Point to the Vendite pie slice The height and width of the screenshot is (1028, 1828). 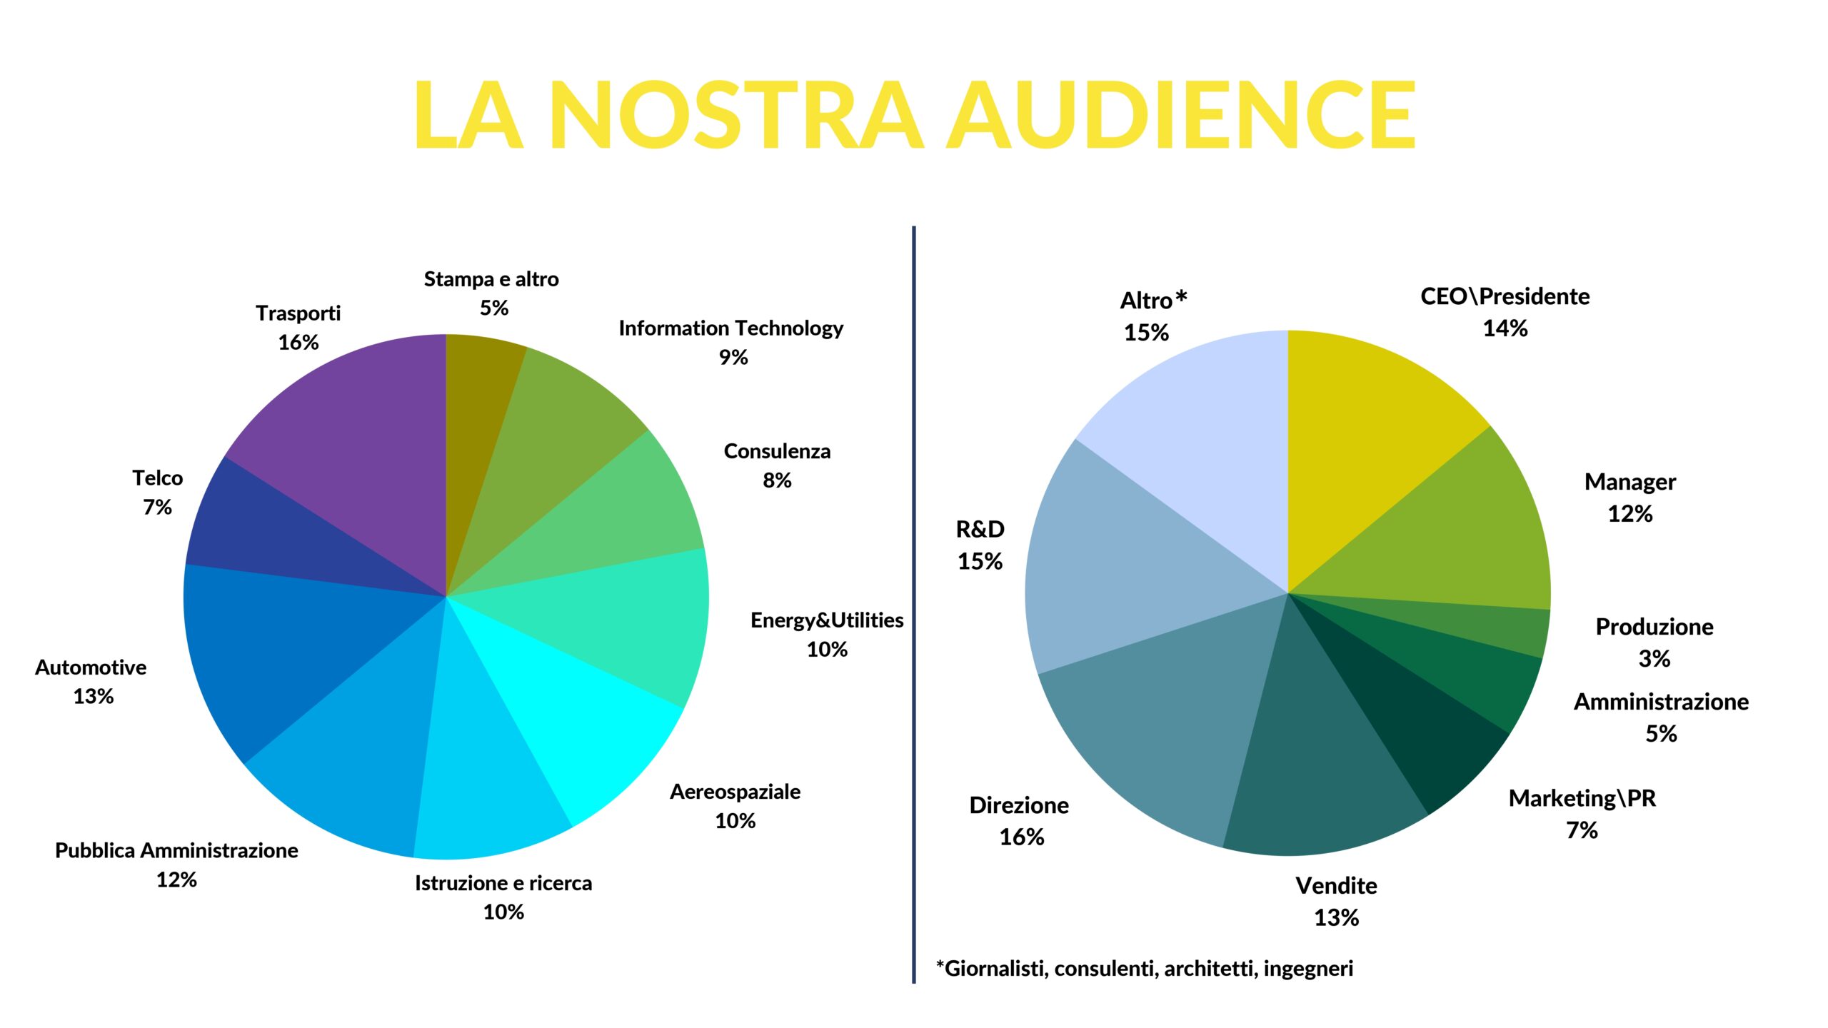(x=1321, y=771)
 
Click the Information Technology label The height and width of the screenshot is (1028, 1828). (x=730, y=328)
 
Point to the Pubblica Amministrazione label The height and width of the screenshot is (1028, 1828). (x=176, y=850)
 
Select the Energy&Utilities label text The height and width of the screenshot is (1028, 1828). (x=827, y=620)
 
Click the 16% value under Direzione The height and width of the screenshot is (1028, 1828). (x=1021, y=837)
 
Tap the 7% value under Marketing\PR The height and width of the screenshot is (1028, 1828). (x=1582, y=830)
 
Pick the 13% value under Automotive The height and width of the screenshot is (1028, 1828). (x=93, y=696)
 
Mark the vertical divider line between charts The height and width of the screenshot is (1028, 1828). (x=913, y=607)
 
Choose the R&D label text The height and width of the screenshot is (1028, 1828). (x=980, y=529)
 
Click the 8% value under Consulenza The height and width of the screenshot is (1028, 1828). (x=777, y=480)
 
